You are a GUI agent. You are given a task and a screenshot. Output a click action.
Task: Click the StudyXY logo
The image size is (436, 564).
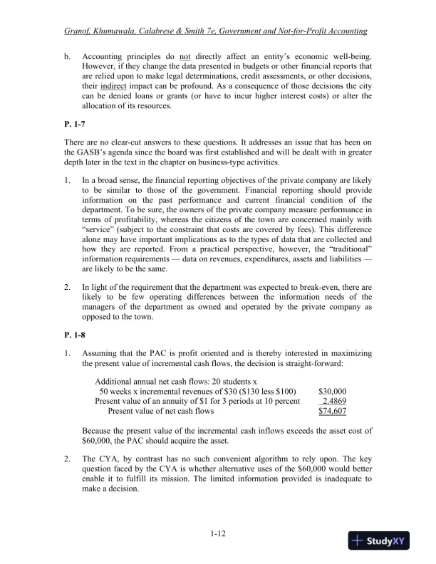(381, 540)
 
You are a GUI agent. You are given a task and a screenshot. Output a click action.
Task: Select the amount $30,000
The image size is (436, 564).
(332, 391)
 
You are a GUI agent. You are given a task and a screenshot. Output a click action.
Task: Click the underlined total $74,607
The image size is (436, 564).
(332, 411)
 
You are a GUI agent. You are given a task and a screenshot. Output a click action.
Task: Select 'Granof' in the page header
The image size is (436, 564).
(78, 31)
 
